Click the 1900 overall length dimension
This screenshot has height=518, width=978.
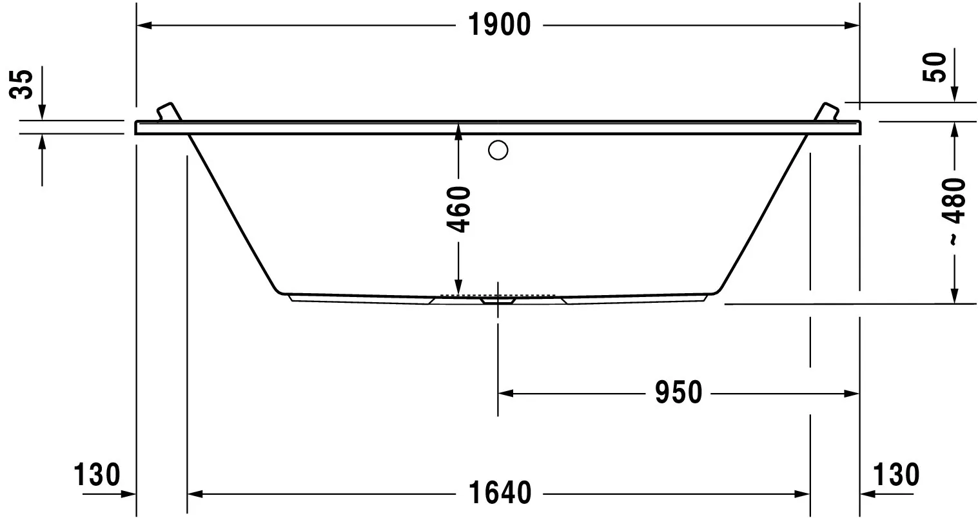pyautogui.click(x=499, y=25)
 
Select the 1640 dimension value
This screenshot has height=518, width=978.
pyautogui.click(x=499, y=494)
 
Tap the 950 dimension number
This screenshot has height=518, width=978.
pyautogui.click(x=678, y=392)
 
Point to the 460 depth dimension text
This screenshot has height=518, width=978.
pyautogui.click(x=458, y=209)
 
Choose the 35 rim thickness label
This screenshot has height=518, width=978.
pyautogui.click(x=23, y=84)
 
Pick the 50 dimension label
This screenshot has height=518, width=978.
pyautogui.click(x=937, y=67)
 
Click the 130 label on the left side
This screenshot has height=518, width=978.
pyautogui.click(x=97, y=475)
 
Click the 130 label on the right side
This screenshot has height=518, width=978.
pyautogui.click(x=896, y=475)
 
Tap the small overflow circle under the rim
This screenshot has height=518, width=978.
pyautogui.click(x=498, y=150)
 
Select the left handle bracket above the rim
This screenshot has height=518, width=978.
pyautogui.click(x=168, y=111)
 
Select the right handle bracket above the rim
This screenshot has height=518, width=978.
pyautogui.click(x=826, y=111)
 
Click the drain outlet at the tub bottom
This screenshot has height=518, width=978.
pyautogui.click(x=498, y=300)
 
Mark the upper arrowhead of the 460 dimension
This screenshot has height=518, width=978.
pyautogui.click(x=458, y=129)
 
